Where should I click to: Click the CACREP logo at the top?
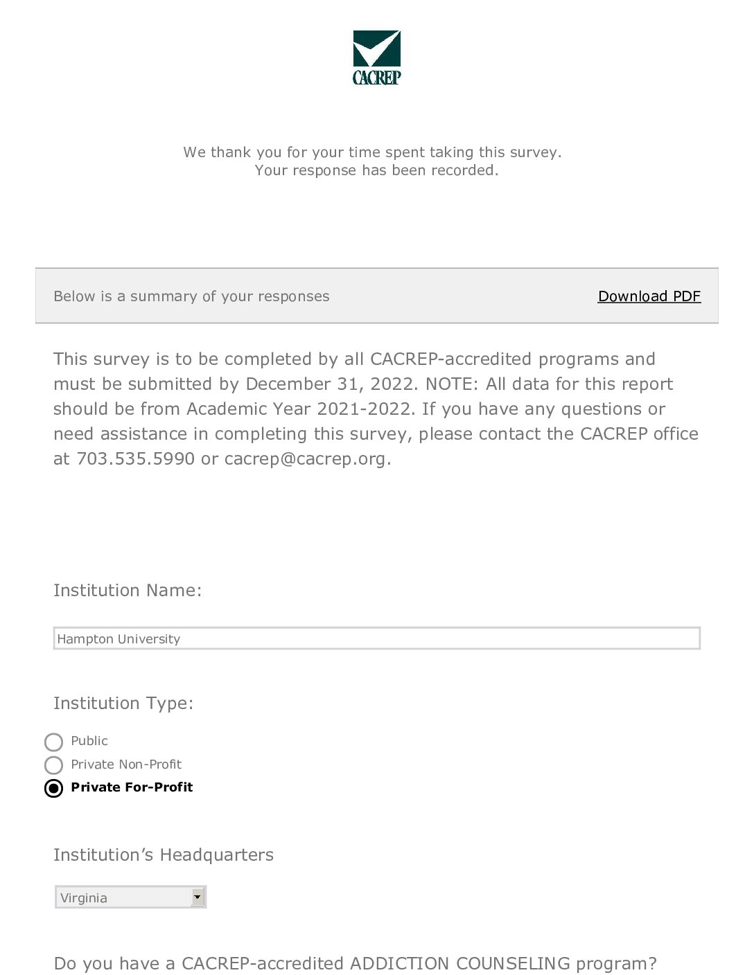[376, 58]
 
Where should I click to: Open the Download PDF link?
[649, 296]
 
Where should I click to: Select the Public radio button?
[53, 742]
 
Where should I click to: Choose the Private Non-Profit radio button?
[53, 765]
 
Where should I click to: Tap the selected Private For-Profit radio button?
[53, 788]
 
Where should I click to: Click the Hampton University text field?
[376, 638]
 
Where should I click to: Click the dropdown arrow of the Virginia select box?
[198, 897]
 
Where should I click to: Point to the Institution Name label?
[128, 591]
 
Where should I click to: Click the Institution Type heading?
[123, 704]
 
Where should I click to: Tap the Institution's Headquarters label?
[164, 855]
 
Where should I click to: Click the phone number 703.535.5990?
[135, 459]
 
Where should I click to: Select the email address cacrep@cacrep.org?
[305, 459]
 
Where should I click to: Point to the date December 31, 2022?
[329, 384]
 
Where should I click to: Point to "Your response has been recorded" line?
[376, 170]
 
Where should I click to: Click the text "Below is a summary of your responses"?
[191, 296]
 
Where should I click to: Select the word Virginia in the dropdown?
[84, 898]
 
